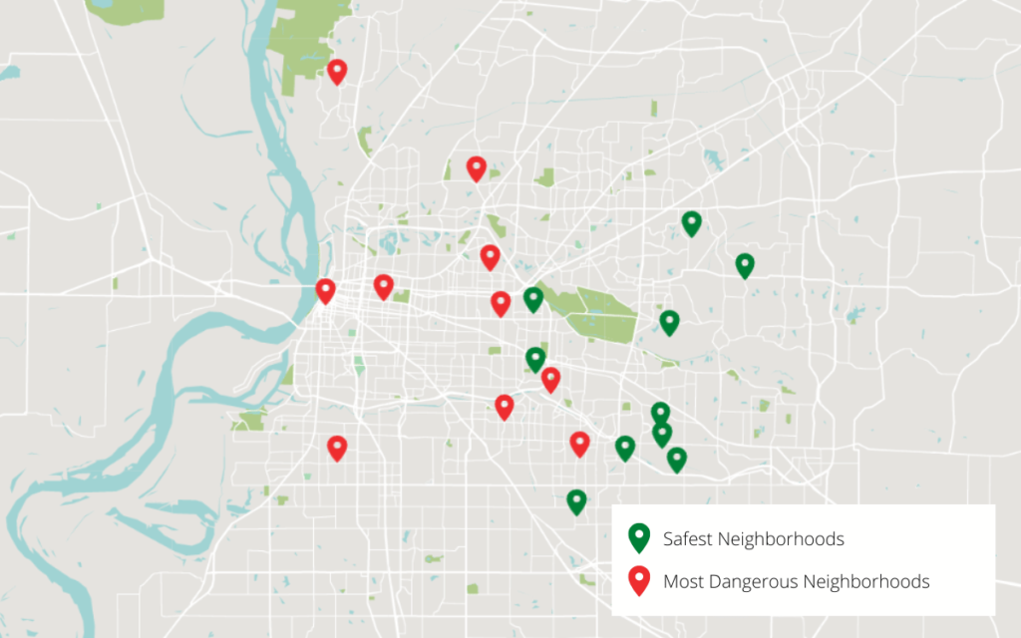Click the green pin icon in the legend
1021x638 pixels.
[639, 538]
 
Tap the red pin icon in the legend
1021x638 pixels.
[639, 580]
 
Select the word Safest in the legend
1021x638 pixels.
[688, 539]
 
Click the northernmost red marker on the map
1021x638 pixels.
[337, 71]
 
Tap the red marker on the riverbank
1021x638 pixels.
[325, 290]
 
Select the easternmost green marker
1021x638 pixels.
[745, 265]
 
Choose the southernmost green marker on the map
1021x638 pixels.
[576, 501]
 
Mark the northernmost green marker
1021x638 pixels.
[691, 223]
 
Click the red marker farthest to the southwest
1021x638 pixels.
[337, 448]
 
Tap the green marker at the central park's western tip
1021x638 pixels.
[533, 299]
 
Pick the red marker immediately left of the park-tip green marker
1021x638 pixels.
[501, 303]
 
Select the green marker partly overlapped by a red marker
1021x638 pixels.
[535, 359]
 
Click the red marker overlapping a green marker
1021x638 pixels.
[550, 379]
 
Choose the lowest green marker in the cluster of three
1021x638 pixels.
[677, 459]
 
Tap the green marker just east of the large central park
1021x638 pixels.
[669, 322]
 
